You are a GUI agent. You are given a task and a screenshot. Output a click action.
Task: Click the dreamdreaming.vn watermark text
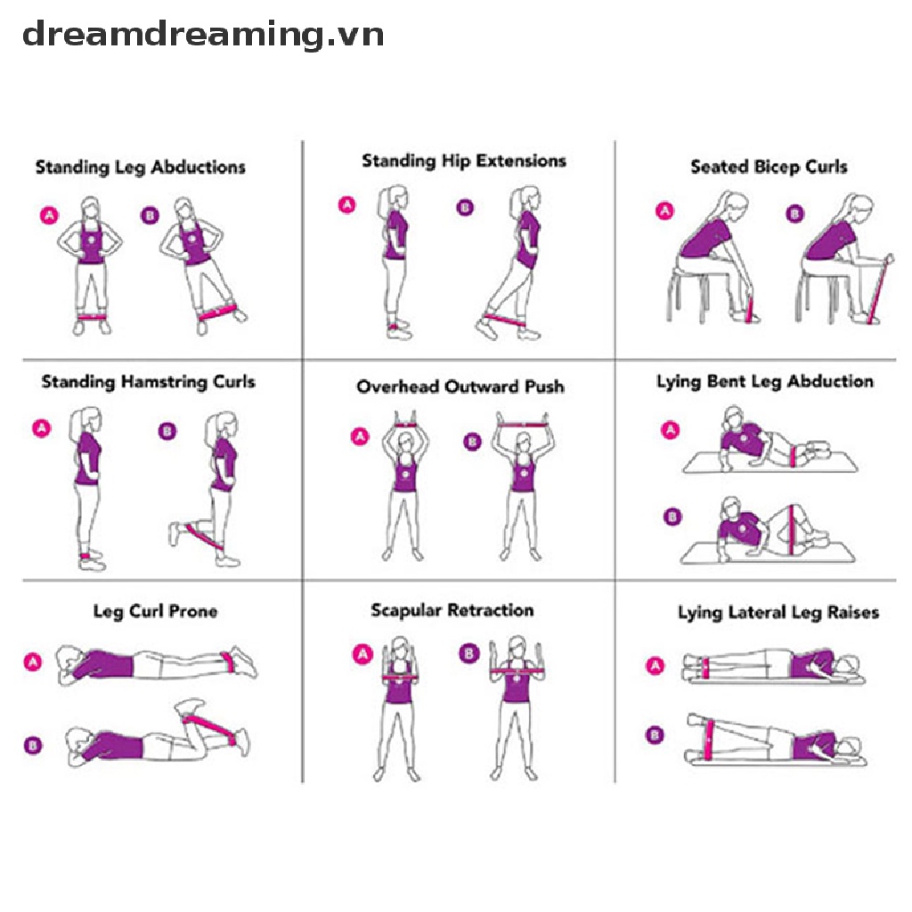[x=203, y=36]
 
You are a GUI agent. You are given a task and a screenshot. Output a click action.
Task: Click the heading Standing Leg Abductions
[x=140, y=167]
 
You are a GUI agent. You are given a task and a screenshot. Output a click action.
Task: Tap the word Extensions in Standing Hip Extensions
[x=521, y=161]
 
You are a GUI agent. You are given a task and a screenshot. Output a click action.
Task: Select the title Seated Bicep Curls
[x=769, y=167]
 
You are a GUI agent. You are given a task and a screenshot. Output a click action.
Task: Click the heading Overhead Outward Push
[x=460, y=387]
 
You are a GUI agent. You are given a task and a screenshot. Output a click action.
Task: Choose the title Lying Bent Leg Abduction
[x=764, y=382]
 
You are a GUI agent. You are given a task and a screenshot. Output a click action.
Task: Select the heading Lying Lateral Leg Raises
[x=778, y=613]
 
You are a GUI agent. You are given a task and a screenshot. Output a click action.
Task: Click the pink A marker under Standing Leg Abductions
[x=47, y=215]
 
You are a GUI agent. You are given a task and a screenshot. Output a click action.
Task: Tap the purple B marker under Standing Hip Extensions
[x=464, y=208]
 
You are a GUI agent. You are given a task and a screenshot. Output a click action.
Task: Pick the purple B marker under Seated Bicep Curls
[x=794, y=214]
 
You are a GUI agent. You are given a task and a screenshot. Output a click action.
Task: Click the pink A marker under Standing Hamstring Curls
[x=41, y=428]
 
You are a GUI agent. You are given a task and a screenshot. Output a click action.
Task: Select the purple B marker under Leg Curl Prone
[x=32, y=745]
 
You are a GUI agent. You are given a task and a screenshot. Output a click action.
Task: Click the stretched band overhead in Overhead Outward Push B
[x=523, y=424]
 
